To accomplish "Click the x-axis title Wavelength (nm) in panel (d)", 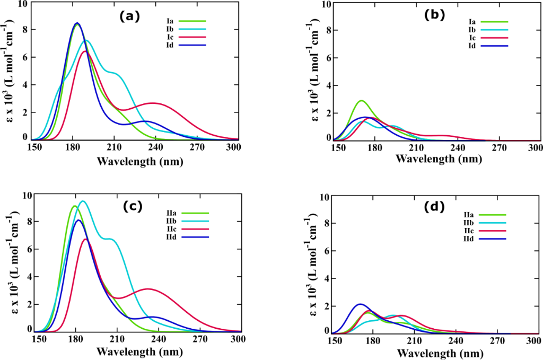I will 440,353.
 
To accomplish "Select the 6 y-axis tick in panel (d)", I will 328,251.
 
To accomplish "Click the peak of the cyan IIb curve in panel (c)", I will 82,201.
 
